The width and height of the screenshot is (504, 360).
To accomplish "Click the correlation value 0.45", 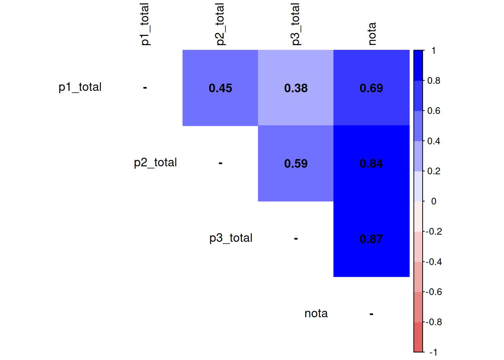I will (220, 88).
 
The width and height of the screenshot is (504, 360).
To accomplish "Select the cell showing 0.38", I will (296, 88).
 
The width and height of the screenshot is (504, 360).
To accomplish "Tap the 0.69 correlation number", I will (371, 88).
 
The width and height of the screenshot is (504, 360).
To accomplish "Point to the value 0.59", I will (296, 163).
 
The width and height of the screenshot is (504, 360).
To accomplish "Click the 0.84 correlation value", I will (371, 163).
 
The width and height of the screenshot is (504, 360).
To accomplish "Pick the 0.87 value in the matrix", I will (371, 239).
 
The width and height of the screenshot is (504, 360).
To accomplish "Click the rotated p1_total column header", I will (145, 24).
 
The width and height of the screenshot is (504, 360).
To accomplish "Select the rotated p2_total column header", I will (220, 24).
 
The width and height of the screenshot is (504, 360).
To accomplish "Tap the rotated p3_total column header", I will (295, 24).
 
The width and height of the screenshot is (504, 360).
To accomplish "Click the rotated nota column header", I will (372, 34).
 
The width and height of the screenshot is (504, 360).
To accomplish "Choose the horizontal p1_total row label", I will (80, 87).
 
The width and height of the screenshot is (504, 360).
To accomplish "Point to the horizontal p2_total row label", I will (155, 162).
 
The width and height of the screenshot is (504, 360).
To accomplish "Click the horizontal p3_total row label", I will (231, 238).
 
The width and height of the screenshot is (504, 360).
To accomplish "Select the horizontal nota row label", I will (316, 313).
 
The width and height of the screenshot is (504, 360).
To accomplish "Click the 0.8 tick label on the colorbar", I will (434, 81).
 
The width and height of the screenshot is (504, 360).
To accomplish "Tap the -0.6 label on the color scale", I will (434, 292).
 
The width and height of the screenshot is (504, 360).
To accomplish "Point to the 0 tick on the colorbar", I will (433, 201).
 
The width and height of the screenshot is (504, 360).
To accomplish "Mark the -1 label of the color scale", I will (433, 352).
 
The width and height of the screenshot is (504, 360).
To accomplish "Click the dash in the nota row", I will (371, 314).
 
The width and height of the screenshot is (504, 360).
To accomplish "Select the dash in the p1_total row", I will (145, 88).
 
